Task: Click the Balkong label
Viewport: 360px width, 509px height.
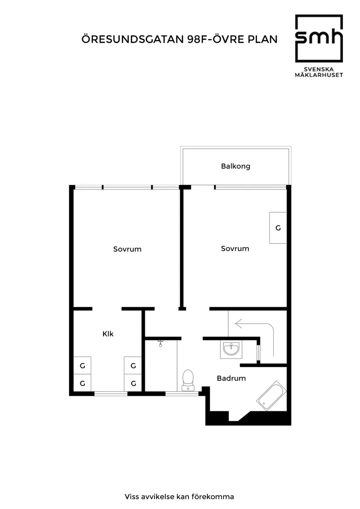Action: click(235, 166)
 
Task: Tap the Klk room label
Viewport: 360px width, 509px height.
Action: click(108, 334)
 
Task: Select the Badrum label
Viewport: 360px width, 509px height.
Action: click(231, 378)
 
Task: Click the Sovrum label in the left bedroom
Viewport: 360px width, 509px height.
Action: click(127, 249)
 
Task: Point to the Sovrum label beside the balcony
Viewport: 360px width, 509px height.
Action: click(235, 249)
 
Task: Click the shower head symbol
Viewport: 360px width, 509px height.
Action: click(161, 343)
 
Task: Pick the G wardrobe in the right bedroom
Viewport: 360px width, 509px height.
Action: click(278, 228)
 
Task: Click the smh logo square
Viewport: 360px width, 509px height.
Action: click(319, 38)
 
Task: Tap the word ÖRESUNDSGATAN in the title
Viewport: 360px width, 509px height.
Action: click(133, 39)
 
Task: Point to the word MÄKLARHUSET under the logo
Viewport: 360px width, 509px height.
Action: click(319, 75)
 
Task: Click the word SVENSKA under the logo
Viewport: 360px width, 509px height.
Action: click(319, 69)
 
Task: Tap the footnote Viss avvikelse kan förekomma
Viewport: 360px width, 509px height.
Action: click(179, 497)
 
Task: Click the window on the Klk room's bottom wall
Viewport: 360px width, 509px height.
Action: click(111, 394)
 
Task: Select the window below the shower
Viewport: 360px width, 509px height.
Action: click(182, 394)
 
